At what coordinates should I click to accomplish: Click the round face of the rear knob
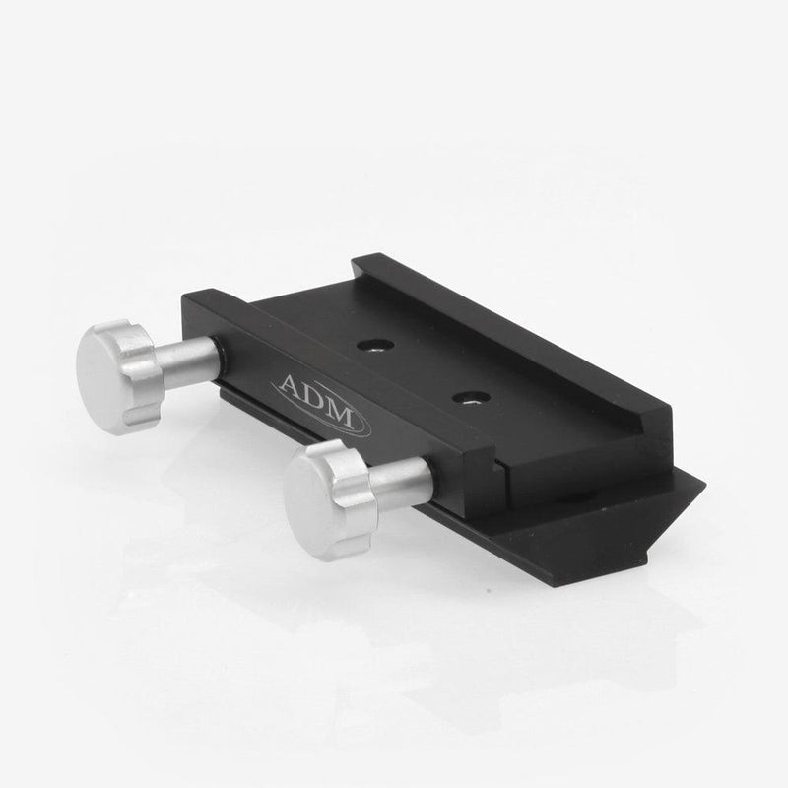[x=105, y=361]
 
